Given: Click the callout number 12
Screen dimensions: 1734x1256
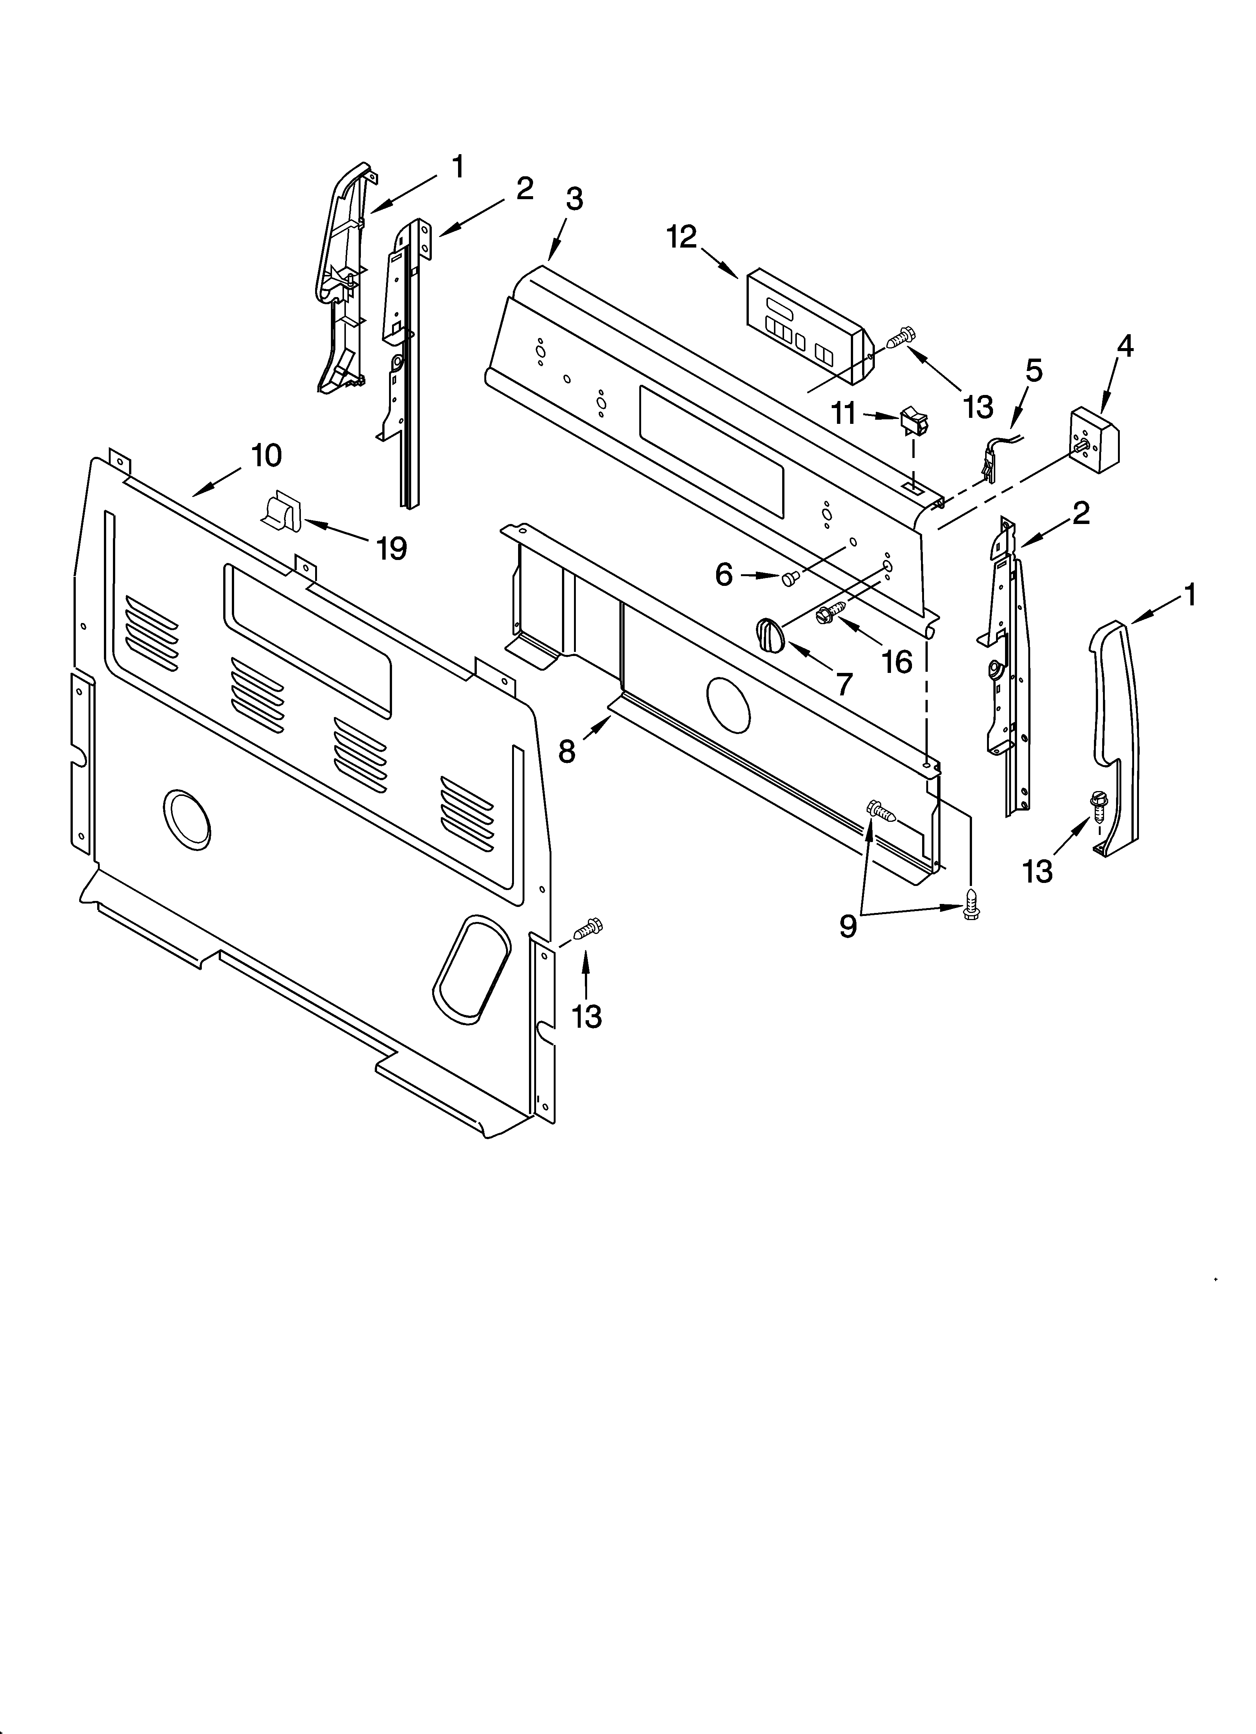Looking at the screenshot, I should pyautogui.click(x=682, y=238).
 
